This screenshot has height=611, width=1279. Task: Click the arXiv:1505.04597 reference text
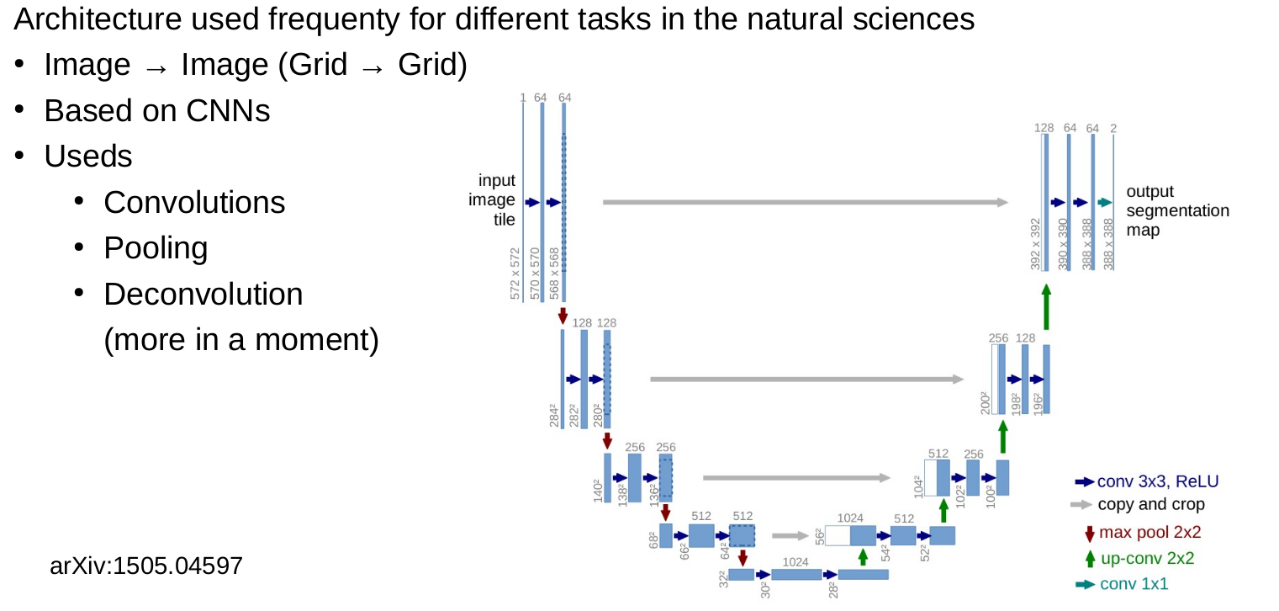tap(146, 566)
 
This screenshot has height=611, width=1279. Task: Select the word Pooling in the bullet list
tap(156, 248)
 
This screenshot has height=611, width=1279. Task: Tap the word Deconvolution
tap(203, 295)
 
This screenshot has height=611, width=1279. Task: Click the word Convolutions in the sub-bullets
tap(194, 202)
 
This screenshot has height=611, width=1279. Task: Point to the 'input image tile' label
tap(492, 199)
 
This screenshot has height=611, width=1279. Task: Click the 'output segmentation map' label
tap(1177, 210)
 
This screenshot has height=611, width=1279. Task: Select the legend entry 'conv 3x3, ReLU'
tap(1146, 481)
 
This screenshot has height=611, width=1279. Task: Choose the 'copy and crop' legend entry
tap(1138, 504)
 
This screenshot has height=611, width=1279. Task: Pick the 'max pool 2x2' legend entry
tap(1143, 533)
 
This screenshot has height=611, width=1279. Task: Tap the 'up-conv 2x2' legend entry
tap(1139, 559)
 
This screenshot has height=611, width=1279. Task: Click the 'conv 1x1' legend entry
tap(1122, 584)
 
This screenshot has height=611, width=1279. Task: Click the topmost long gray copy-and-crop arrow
tap(806, 202)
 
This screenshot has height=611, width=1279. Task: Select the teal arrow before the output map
tap(1105, 202)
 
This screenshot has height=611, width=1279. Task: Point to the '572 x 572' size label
tap(515, 274)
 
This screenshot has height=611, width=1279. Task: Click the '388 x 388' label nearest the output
tap(1108, 244)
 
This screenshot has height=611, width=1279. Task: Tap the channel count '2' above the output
tap(1113, 129)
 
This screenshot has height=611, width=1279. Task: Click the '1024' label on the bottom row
tap(795, 562)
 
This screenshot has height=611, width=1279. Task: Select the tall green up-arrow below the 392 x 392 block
tap(1046, 307)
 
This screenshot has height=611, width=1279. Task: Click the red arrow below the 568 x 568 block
tap(563, 316)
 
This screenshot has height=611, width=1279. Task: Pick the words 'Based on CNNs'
tap(157, 110)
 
